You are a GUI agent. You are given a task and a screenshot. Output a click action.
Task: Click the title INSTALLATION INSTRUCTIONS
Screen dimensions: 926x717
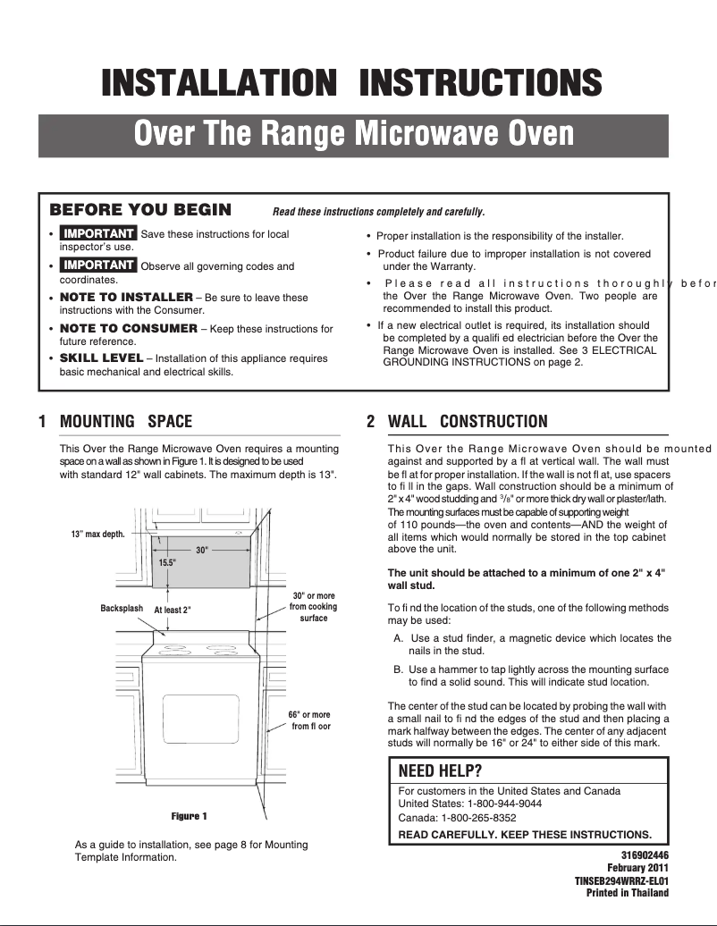tap(351, 84)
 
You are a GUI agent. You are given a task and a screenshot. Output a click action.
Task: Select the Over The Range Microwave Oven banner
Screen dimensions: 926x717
tap(353, 135)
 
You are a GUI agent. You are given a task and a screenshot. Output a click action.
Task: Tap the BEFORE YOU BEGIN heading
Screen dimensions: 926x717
tap(140, 210)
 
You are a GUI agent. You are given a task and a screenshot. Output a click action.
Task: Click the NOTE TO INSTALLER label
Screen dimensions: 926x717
tap(126, 297)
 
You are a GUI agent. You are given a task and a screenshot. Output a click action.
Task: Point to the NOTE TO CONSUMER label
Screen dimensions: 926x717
tap(128, 328)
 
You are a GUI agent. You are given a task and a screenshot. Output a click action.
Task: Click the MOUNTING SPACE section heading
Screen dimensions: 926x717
tap(125, 421)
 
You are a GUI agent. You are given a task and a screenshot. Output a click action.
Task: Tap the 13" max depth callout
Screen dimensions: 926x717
tap(97, 535)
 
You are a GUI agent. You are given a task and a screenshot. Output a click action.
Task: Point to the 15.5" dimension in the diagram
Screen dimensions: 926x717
tap(168, 563)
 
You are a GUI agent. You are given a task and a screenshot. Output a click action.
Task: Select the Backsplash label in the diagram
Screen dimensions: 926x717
tap(122, 609)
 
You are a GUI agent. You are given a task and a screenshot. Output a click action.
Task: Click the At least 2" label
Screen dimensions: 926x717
tap(173, 610)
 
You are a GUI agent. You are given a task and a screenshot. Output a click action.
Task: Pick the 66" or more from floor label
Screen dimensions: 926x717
tap(309, 720)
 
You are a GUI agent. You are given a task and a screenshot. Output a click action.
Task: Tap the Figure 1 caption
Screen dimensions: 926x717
tap(189, 816)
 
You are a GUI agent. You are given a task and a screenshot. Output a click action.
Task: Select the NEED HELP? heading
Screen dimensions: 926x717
tap(440, 771)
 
